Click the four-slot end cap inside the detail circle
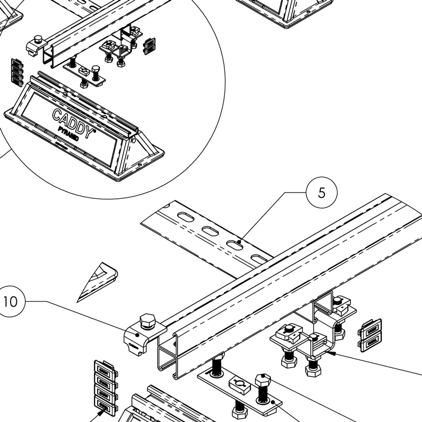(x=17, y=71)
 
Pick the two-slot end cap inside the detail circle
(x=150, y=45)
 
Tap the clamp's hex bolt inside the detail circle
(x=38, y=40)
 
